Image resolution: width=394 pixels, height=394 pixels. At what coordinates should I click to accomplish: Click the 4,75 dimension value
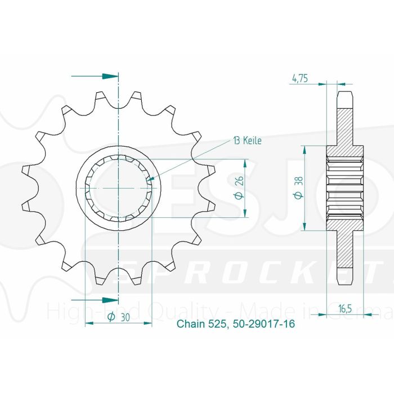point(299,79)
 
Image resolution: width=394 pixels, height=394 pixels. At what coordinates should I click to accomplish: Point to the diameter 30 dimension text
point(118,318)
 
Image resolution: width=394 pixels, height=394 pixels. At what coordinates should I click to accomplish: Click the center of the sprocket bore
point(118,187)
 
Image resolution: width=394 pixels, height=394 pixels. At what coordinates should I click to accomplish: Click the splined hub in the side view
point(345,187)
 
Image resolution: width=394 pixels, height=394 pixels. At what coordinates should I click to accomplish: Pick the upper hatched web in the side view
point(345,127)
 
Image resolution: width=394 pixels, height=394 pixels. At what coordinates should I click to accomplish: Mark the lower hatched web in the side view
point(345,248)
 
